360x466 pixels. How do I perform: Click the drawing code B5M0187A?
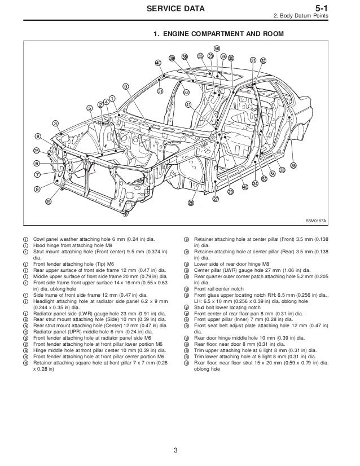317,221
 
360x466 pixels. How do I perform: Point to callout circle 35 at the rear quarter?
293,165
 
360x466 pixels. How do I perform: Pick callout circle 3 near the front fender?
55,123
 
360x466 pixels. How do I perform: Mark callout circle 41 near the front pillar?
188,104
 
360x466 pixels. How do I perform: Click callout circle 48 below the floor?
244,187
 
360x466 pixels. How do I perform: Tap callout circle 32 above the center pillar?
264,60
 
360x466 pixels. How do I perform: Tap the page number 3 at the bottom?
176,450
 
